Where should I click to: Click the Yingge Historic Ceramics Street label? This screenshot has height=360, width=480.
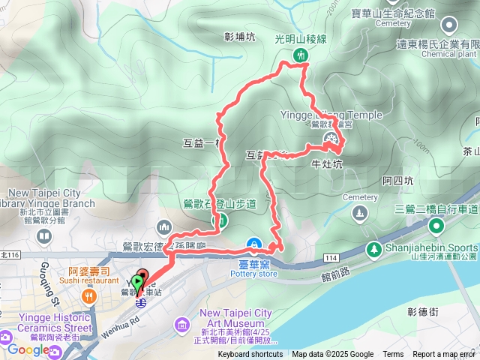pos(47,328)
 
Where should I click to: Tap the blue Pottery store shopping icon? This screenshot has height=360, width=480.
pos(255,244)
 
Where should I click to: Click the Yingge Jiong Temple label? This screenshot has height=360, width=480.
pos(335,115)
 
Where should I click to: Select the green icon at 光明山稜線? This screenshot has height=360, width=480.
pos(300,55)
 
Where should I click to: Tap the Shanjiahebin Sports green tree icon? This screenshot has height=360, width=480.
pos(373,248)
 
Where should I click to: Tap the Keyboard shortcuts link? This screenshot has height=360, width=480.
pos(250,355)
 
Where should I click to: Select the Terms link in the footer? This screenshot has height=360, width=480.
pos(393,355)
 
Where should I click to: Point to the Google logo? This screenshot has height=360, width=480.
pos(28,349)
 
